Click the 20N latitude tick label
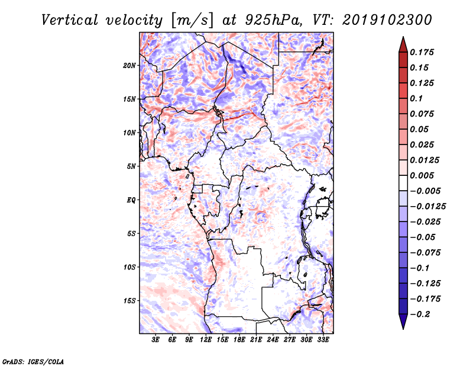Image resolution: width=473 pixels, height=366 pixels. [129, 66]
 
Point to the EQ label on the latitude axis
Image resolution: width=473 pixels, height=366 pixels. [131, 200]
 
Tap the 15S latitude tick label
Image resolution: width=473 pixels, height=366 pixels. [129, 301]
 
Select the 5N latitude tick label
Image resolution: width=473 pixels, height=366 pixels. [131, 166]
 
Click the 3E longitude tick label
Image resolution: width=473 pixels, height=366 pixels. [155, 340]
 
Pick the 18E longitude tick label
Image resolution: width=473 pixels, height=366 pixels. [239, 340]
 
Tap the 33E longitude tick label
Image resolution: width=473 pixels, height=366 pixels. [323, 340]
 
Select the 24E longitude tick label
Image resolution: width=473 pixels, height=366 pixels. [273, 340]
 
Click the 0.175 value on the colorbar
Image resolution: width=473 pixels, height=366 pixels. [422, 52]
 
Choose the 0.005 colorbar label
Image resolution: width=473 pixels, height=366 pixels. [422, 175]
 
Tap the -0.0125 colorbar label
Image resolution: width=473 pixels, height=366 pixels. [427, 207]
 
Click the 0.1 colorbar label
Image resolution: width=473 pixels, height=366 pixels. [416, 98]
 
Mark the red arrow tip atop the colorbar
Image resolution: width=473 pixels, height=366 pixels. [403, 37]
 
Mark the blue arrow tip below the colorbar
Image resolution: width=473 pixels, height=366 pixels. [403, 329]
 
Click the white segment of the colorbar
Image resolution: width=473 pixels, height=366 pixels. [403, 183]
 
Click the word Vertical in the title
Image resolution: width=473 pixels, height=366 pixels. [70, 20]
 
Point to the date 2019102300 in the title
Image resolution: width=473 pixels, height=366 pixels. [387, 20]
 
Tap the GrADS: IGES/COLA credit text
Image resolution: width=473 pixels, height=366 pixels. [33, 362]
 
